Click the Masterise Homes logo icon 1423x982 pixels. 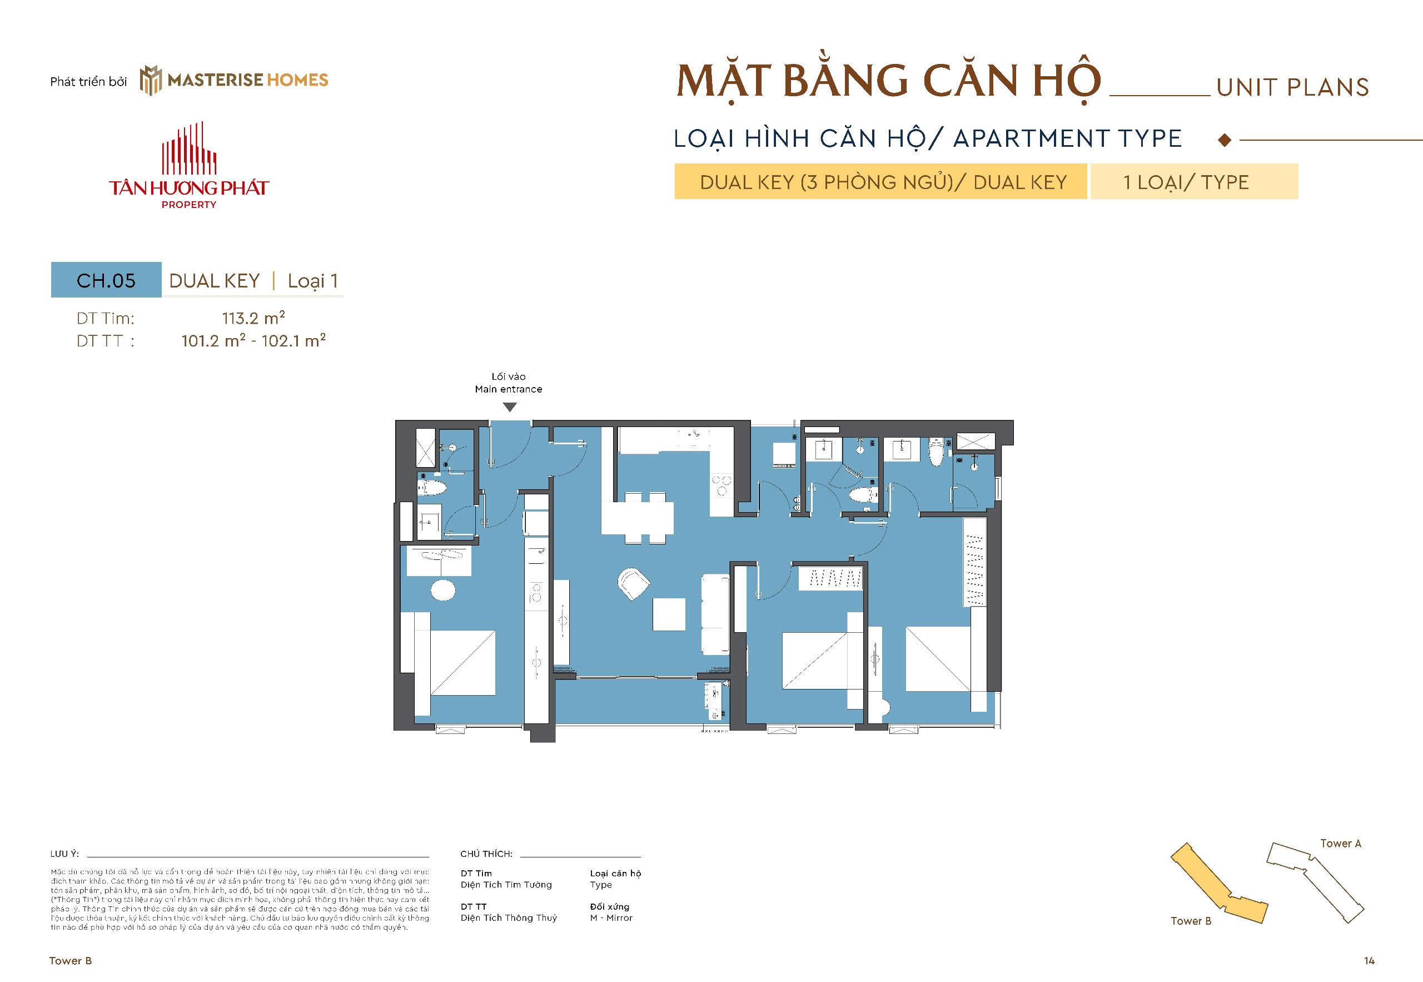150,81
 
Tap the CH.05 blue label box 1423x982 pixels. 106,281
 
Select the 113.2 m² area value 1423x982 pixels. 253,318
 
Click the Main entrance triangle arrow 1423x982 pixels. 509,406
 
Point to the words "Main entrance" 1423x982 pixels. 508,389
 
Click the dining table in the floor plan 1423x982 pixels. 637,518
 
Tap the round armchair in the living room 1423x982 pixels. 633,583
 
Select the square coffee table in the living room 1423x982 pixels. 669,614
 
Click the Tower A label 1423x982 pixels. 1340,844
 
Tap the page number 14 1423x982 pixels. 1369,960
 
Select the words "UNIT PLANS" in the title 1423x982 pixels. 1292,88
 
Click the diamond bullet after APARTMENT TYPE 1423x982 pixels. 1225,140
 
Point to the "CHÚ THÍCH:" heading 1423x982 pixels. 486,854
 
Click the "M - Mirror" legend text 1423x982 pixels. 611,917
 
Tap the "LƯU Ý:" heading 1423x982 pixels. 64,854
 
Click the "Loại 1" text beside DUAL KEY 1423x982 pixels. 312,281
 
